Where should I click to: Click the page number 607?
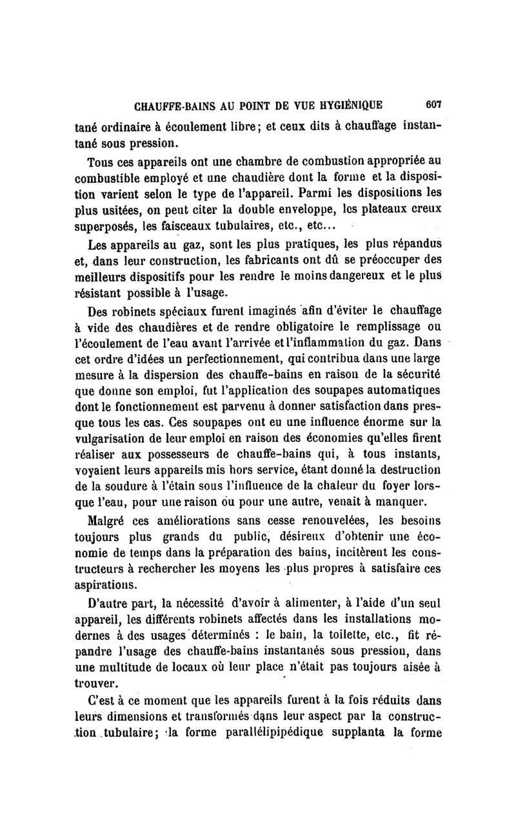click(428, 104)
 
